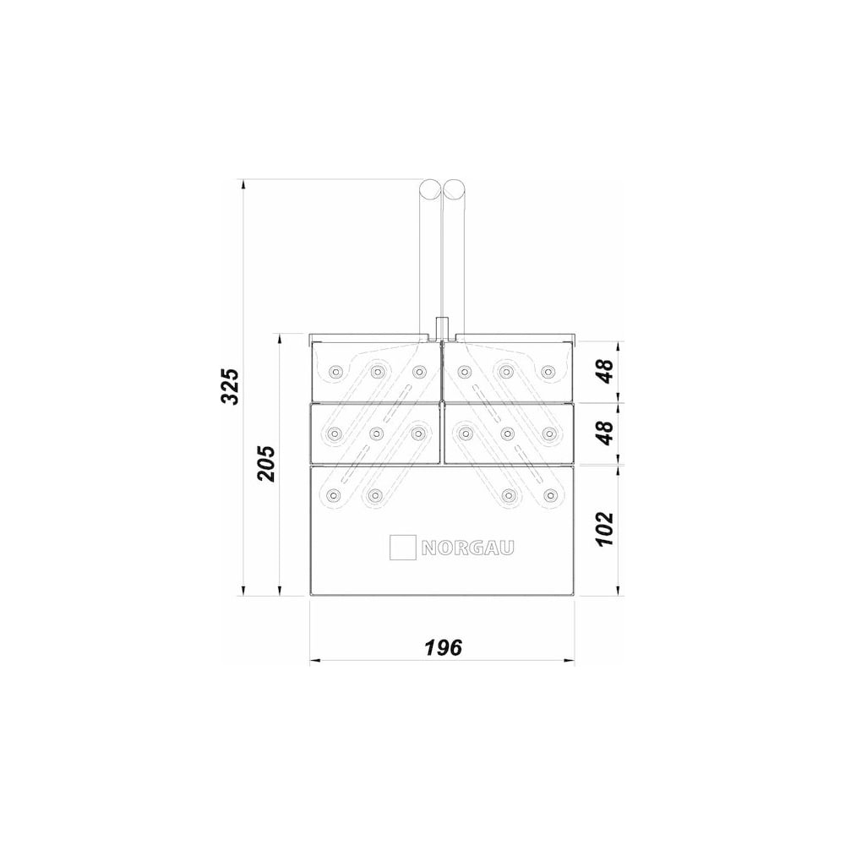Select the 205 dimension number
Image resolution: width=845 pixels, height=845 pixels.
(x=265, y=463)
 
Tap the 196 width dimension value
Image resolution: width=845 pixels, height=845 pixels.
(x=443, y=647)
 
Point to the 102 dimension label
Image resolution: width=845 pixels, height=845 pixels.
(x=605, y=529)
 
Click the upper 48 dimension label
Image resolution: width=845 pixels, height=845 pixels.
(x=605, y=371)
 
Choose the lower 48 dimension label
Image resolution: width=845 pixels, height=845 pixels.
(x=605, y=433)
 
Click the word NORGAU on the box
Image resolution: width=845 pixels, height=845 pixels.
(x=467, y=548)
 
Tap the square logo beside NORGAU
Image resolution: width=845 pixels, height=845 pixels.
(x=402, y=547)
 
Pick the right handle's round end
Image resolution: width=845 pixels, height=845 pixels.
(x=454, y=188)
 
